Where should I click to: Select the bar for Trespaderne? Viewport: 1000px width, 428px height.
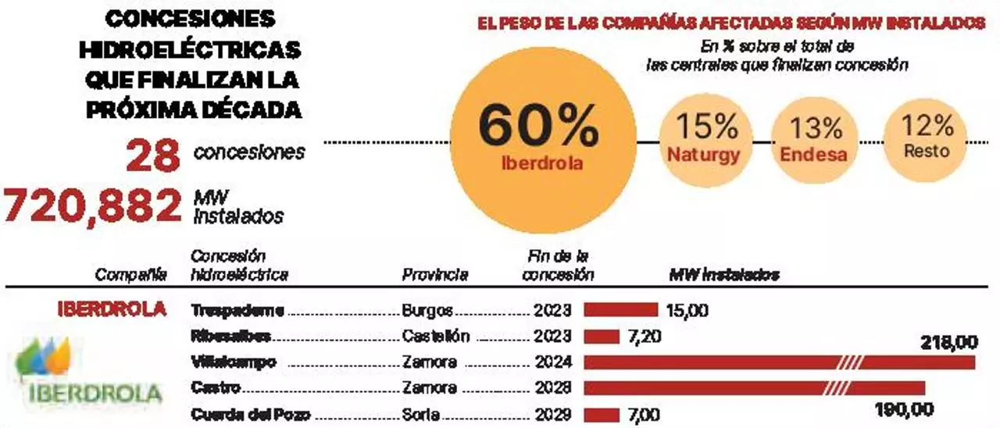621,310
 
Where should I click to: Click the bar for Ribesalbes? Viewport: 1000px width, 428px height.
602,336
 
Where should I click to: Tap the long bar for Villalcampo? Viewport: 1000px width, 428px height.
779,362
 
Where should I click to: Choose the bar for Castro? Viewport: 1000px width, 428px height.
754,388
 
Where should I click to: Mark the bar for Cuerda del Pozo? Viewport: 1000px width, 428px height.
602,414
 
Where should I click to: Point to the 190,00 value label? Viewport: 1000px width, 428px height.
904,410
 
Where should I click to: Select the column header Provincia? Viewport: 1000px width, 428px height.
435,274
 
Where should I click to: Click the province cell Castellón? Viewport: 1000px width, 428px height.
436,336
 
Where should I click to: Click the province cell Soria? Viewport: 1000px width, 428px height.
422,414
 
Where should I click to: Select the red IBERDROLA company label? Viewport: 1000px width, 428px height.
112,309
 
